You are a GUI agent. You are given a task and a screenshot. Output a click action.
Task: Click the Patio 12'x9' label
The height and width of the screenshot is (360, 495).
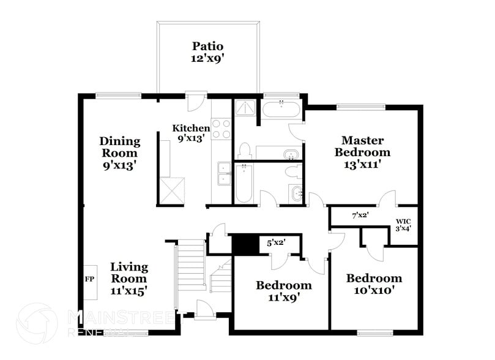click(207, 52)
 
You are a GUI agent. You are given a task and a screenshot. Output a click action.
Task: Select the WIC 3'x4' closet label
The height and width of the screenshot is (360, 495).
click(403, 225)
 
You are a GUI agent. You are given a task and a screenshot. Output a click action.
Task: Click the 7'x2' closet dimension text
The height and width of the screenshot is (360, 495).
click(360, 216)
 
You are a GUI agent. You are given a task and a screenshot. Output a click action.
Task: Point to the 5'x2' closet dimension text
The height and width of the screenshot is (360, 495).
click(275, 242)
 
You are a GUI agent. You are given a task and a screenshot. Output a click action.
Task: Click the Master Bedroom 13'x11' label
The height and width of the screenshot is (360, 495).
click(365, 152)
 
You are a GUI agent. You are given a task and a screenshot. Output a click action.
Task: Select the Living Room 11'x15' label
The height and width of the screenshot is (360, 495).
click(129, 278)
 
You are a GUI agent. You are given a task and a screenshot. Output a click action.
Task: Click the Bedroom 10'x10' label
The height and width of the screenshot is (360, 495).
click(374, 284)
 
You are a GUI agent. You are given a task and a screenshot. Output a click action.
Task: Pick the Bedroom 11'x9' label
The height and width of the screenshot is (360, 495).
click(283, 291)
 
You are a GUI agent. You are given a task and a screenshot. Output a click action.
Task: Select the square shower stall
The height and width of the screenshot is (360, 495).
click(246, 109)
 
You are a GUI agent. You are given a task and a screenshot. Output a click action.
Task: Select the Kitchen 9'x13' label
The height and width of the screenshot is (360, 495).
click(191, 133)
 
